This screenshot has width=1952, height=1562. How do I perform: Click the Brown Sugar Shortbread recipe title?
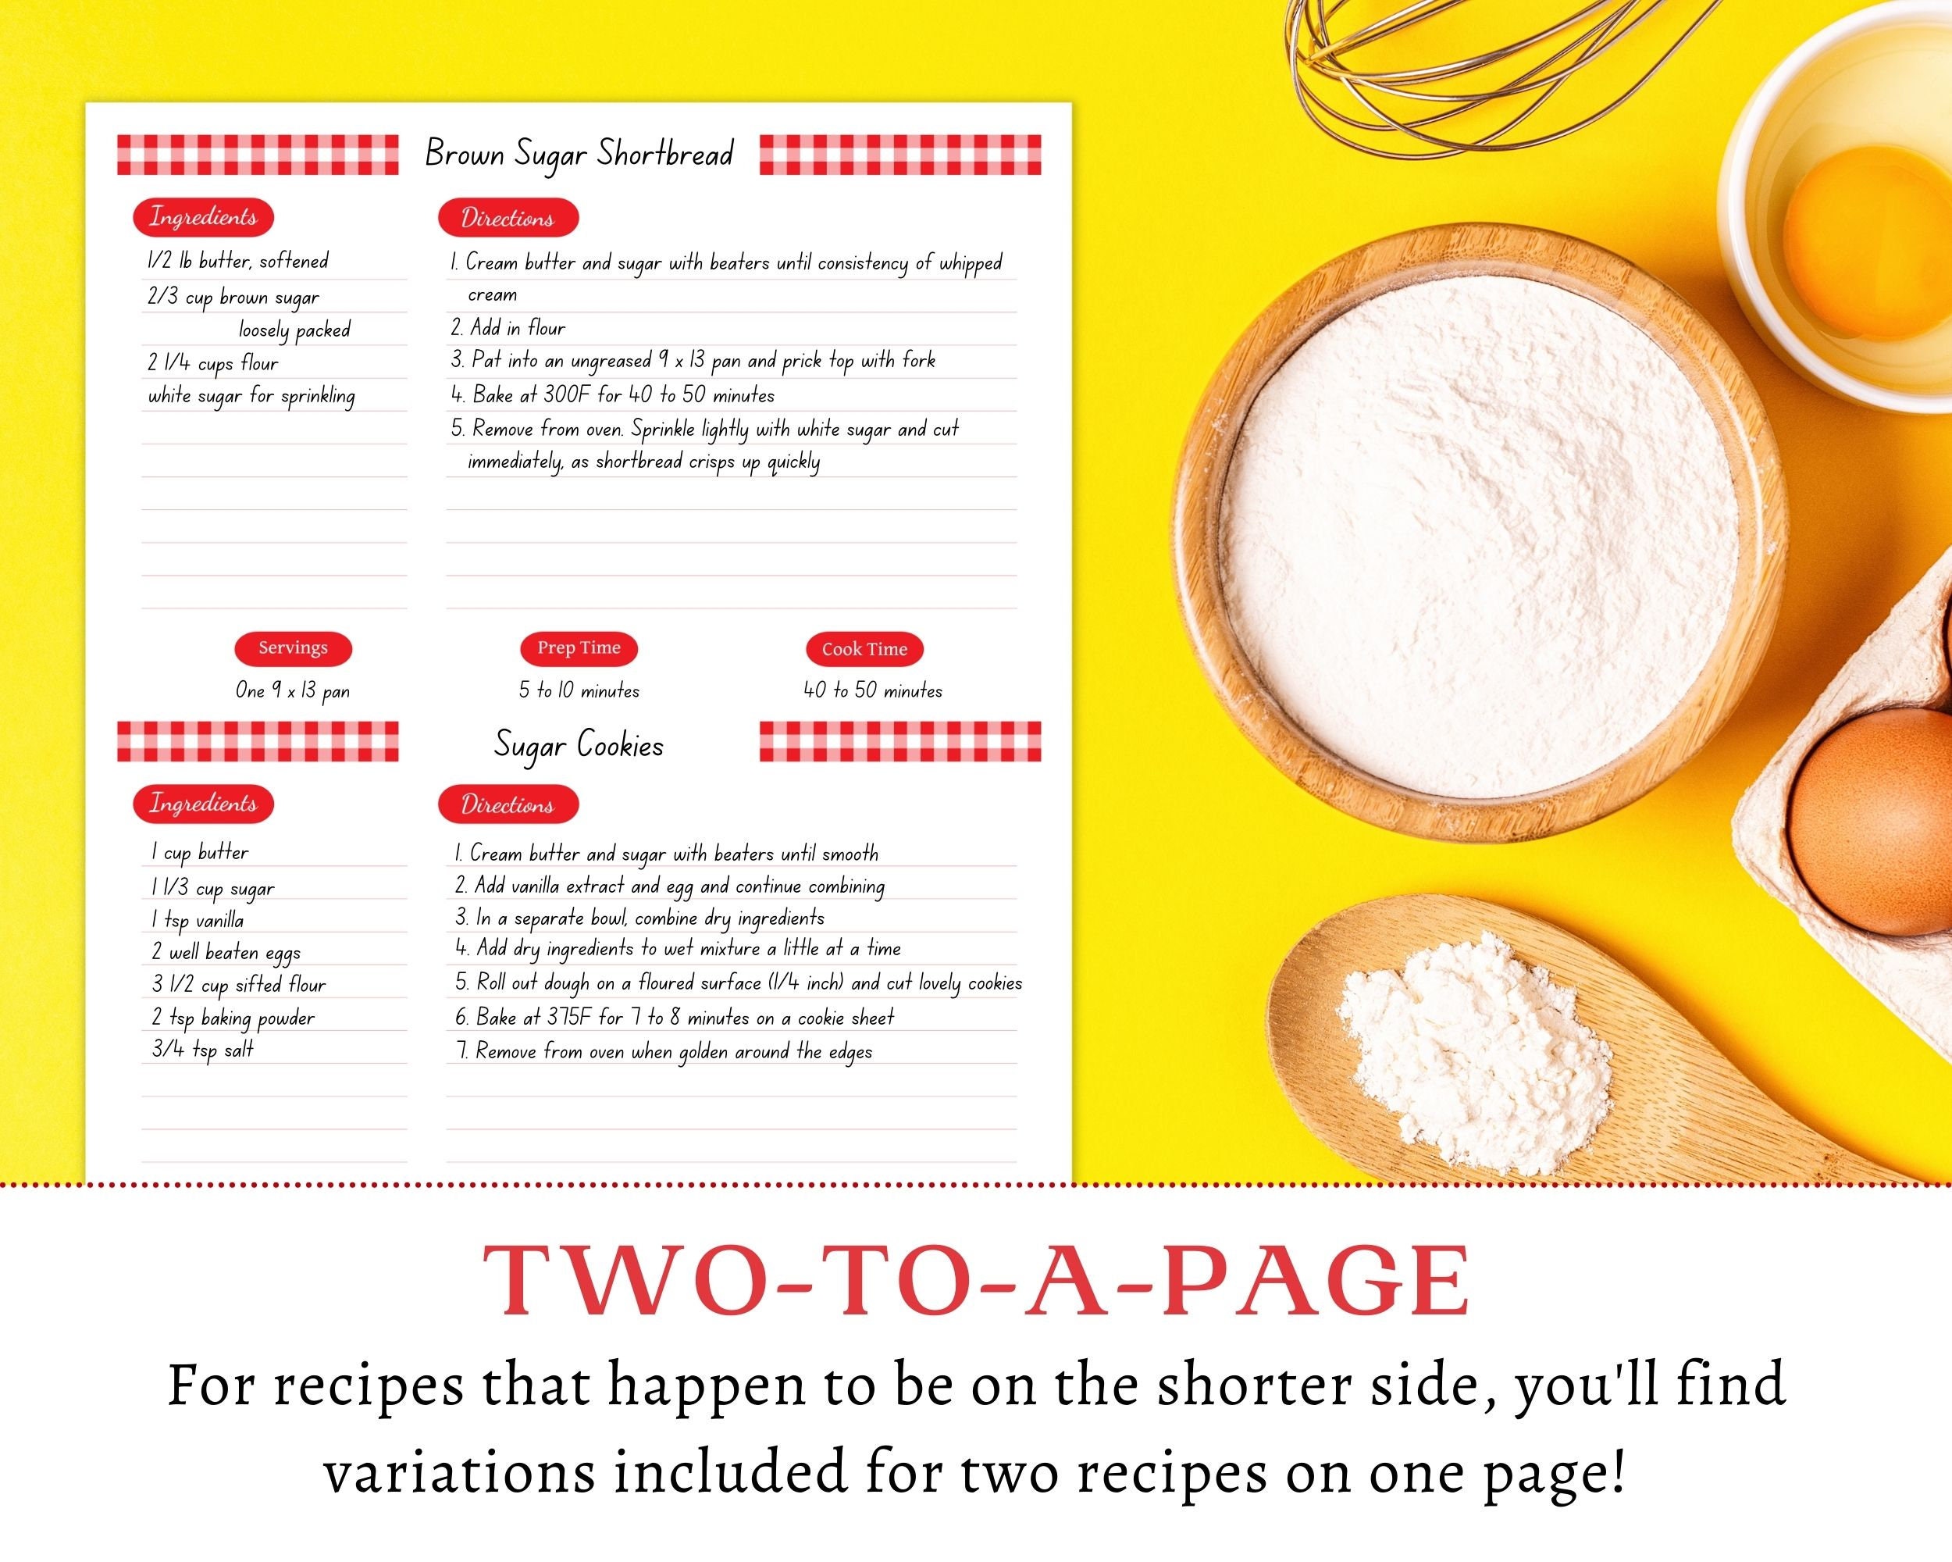[579, 154]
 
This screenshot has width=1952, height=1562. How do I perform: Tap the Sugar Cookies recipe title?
[579, 745]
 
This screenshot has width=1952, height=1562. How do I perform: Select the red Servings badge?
[293, 648]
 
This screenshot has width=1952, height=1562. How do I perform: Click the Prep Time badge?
[579, 648]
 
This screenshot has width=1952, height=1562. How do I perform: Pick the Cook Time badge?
[864, 649]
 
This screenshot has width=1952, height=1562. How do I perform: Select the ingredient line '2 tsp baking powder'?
[233, 1018]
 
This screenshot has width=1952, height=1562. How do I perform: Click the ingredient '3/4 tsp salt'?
[203, 1050]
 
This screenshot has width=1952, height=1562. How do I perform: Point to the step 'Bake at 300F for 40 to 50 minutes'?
[614, 395]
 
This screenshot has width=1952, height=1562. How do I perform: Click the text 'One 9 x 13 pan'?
[293, 691]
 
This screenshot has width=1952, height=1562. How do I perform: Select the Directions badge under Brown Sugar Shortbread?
[508, 218]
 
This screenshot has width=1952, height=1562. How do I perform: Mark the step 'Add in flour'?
[509, 328]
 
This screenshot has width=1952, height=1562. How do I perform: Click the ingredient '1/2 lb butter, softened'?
[238, 262]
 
